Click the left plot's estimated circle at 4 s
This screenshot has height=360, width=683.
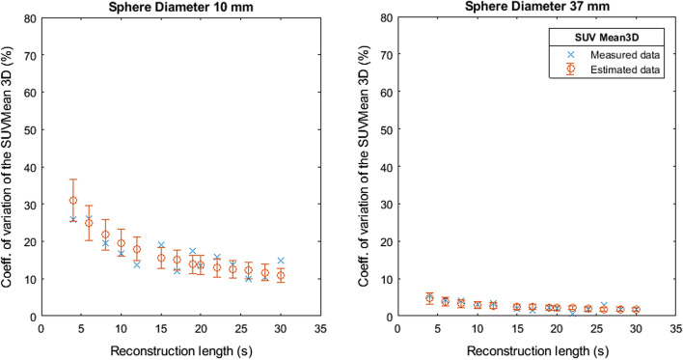[73, 201]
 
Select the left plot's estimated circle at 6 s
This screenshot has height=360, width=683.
[89, 223]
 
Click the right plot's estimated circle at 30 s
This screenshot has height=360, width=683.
[635, 310]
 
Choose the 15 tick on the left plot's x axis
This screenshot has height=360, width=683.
[161, 329]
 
